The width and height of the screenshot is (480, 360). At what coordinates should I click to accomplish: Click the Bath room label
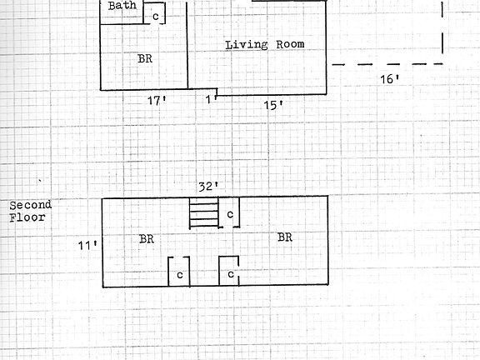(x=122, y=6)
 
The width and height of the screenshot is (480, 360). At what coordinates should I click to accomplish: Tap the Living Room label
(x=265, y=45)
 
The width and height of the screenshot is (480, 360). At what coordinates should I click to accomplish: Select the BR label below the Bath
(x=145, y=58)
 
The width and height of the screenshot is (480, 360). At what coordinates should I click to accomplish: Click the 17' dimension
(x=157, y=100)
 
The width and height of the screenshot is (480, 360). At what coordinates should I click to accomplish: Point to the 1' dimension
(x=211, y=99)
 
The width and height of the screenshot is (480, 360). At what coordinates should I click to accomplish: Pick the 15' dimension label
(x=272, y=106)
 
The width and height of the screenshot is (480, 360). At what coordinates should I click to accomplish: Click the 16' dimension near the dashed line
(x=389, y=80)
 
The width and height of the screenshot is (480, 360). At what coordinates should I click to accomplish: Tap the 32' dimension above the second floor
(x=208, y=187)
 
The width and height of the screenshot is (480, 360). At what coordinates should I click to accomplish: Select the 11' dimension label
(x=87, y=245)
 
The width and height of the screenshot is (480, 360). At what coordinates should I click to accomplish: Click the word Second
(x=30, y=205)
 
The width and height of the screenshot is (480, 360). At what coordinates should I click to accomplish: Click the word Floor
(x=27, y=217)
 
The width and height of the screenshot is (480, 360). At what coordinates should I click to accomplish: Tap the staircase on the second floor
(x=204, y=212)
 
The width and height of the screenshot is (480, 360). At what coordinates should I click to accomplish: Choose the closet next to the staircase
(x=229, y=212)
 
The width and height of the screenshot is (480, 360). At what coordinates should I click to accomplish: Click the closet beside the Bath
(x=155, y=13)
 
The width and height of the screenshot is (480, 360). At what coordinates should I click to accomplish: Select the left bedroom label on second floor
(x=147, y=239)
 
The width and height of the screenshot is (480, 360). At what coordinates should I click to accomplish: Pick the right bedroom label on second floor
(x=285, y=237)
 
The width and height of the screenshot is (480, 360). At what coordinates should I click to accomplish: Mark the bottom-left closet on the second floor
(x=179, y=272)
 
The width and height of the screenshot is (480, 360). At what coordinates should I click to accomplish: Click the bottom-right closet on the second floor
(x=229, y=271)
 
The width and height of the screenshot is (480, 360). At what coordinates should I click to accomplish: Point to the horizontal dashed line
(x=387, y=64)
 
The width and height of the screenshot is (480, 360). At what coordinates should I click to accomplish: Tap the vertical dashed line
(x=442, y=27)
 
